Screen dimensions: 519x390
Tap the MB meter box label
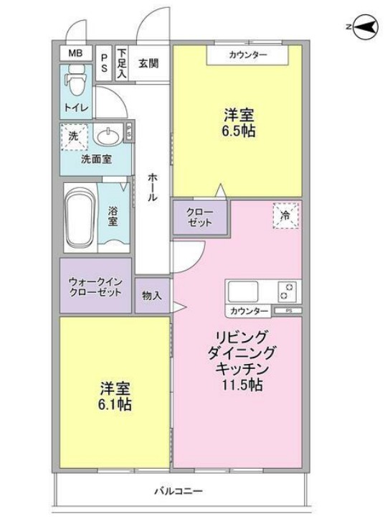coord(75,53)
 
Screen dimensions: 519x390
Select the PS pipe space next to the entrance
coord(105,63)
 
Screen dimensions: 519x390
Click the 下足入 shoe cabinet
coord(122,63)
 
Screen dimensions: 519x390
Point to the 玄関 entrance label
coord(148,62)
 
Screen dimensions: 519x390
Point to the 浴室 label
coord(113,217)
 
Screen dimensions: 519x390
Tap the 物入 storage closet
coord(151,294)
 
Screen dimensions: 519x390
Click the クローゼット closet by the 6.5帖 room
coord(199,218)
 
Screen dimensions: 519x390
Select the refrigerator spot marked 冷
coord(285,215)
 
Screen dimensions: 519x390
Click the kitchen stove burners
coord(287,291)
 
